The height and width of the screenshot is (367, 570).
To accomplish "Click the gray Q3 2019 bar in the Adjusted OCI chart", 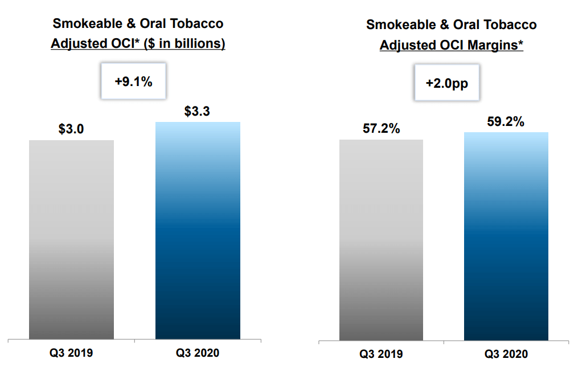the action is pyautogui.click(x=71, y=240).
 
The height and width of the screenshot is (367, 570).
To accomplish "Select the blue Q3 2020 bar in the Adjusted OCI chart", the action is pyautogui.click(x=198, y=231).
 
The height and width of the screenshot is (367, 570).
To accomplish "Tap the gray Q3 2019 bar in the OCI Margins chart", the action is pyautogui.click(x=382, y=240).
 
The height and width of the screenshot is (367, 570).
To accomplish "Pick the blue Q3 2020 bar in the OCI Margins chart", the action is pyautogui.click(x=506, y=236).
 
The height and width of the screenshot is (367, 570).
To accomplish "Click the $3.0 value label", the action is pyautogui.click(x=71, y=129).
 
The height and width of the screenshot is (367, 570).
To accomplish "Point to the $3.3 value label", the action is pyautogui.click(x=197, y=111).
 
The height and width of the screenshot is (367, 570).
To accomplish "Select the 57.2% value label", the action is pyautogui.click(x=382, y=128).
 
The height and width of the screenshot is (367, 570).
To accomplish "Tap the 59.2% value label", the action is pyautogui.click(x=506, y=121).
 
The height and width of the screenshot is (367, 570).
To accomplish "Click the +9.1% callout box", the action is pyautogui.click(x=133, y=81).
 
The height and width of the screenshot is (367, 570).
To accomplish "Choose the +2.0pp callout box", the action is pyautogui.click(x=447, y=83).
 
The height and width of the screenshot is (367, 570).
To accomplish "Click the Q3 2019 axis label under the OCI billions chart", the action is pyautogui.click(x=71, y=353).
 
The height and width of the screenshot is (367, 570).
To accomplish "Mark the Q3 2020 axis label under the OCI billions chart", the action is pyautogui.click(x=198, y=353).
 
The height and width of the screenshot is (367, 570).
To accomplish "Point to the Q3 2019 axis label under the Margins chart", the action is pyautogui.click(x=381, y=354).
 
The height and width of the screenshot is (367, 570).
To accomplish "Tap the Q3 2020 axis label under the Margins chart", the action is pyautogui.click(x=506, y=354).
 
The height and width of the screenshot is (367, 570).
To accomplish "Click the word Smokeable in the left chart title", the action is pyautogui.click(x=88, y=23).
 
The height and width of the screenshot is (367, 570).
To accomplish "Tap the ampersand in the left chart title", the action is pyautogui.click(x=131, y=23).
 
